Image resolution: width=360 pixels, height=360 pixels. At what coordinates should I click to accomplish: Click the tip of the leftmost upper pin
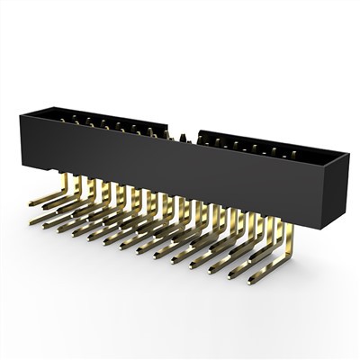click(x=32, y=204)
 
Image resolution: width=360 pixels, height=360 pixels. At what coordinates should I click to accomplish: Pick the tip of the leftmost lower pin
click(x=32, y=220)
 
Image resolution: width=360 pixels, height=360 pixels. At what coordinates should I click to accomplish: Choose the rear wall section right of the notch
click(x=261, y=142)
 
